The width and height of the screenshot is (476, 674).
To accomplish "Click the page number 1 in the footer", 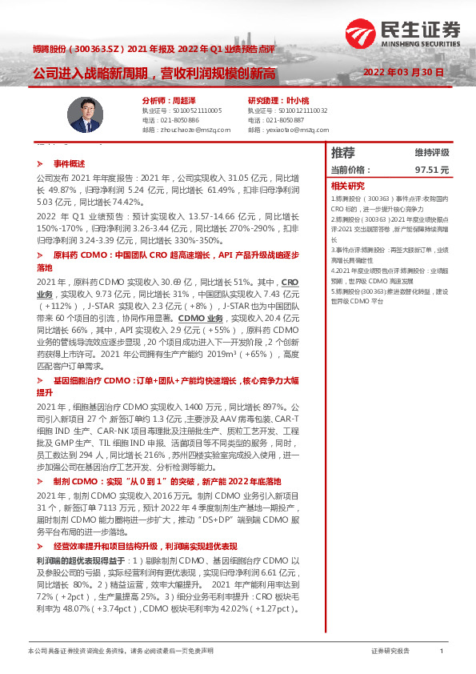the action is coord(442,652).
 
